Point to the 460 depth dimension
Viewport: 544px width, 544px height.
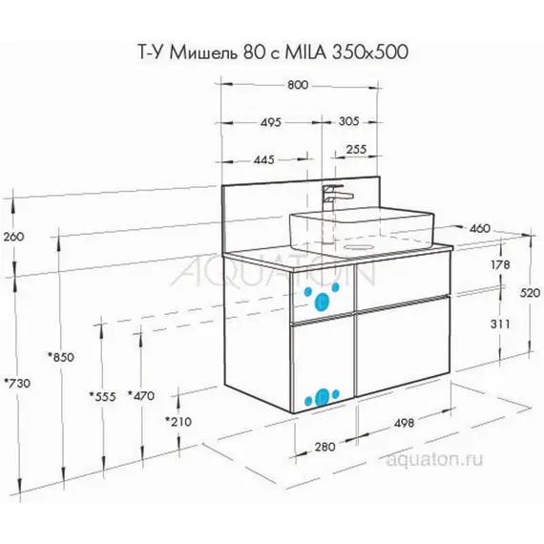tap(479, 228)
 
